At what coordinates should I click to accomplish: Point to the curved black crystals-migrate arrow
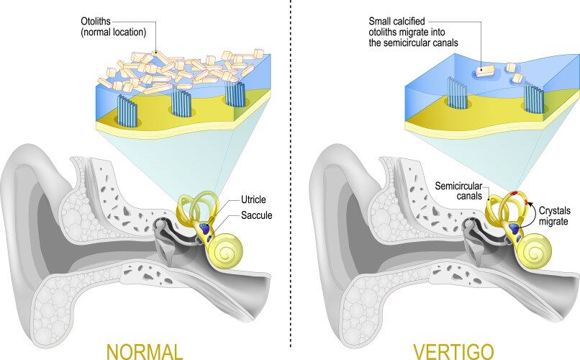coord(533,209)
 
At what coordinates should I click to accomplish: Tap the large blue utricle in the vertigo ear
coord(515,228)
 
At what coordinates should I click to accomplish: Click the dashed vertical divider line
coord(291,180)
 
